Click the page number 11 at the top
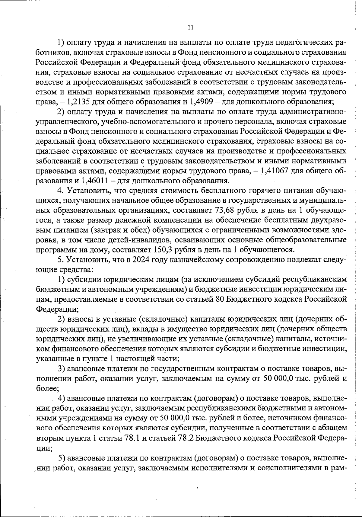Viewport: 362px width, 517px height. click(x=190, y=27)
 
